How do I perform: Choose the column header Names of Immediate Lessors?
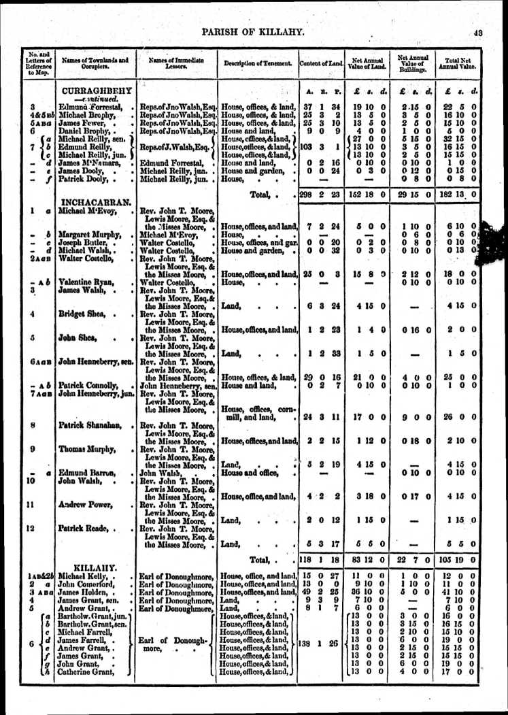point(175,63)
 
